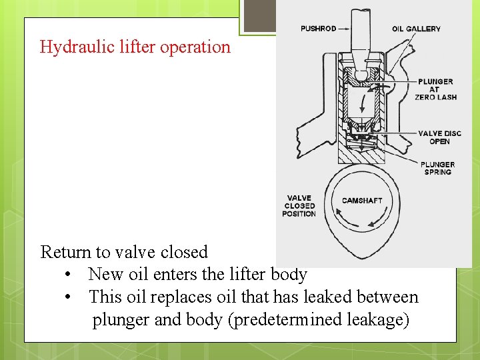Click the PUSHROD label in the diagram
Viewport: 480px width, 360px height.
(x=318, y=29)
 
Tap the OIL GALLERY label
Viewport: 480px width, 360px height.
(x=416, y=29)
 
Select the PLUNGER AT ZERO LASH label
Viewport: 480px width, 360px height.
(x=435, y=89)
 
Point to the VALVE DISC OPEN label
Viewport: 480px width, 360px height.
(x=439, y=137)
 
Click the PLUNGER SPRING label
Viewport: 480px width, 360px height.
(x=437, y=168)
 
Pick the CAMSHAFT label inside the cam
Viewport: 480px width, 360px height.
(x=362, y=201)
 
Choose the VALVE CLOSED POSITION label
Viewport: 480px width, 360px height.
(x=299, y=205)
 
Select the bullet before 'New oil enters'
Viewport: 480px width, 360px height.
(x=69, y=275)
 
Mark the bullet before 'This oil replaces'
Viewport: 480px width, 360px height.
(x=69, y=297)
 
